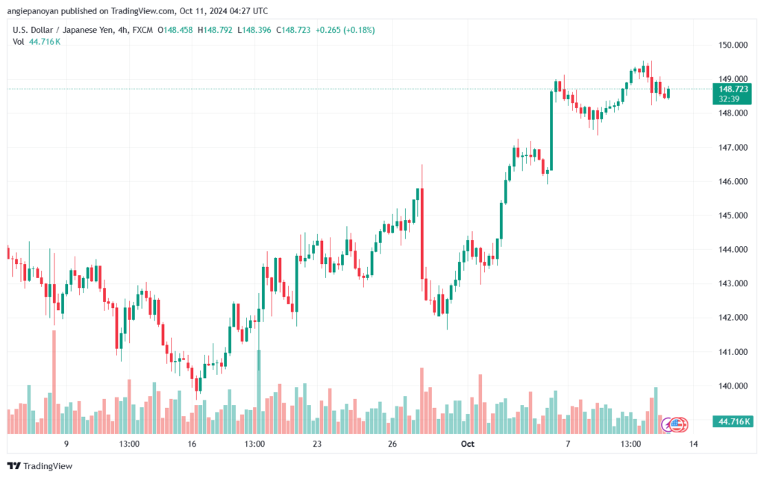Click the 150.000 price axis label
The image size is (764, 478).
(733, 45)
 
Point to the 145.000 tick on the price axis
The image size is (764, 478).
(733, 216)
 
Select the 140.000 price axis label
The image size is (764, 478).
(733, 386)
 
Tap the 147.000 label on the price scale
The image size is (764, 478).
(733, 148)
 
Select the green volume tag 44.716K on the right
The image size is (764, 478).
(733, 421)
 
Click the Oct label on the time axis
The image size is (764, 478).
(467, 444)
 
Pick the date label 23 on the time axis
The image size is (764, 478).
(317, 444)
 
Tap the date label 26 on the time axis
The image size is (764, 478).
(392, 444)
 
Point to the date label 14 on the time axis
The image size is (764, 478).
(693, 444)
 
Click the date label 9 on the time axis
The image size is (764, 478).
(66, 444)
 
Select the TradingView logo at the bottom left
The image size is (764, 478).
(40, 466)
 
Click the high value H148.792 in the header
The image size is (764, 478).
(215, 30)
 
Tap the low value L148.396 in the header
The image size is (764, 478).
(254, 30)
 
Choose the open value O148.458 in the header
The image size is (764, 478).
(175, 30)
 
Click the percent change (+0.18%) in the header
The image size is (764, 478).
(359, 30)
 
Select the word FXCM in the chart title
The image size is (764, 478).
(143, 30)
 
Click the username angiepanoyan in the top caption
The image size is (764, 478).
(33, 10)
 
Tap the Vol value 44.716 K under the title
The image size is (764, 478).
(45, 42)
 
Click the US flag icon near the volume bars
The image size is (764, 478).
(677, 425)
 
